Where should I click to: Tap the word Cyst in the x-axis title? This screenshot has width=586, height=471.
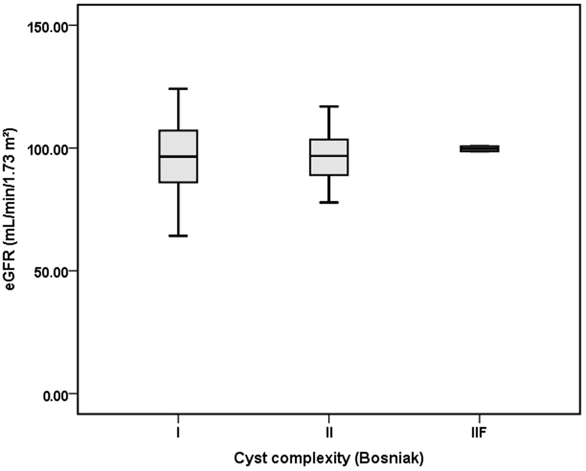click(249, 458)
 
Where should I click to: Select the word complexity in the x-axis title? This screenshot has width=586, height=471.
click(309, 458)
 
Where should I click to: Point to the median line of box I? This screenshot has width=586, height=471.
click(178, 156)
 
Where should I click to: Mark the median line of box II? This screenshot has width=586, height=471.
click(329, 155)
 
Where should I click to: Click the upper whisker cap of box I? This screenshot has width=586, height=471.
click(178, 89)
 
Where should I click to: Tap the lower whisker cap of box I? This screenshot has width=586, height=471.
click(178, 236)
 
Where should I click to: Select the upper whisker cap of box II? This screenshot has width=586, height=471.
click(329, 107)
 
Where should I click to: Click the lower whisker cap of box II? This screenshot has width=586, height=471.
click(329, 202)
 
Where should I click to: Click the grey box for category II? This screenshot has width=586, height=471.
click(329, 165)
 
